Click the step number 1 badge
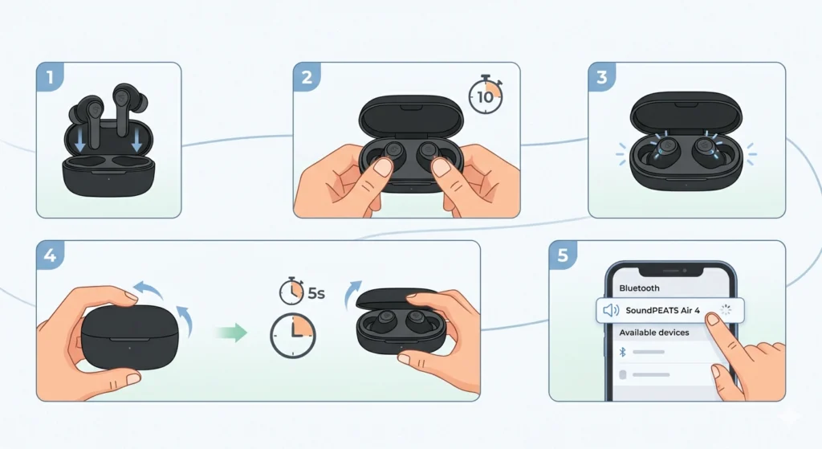click(50, 76)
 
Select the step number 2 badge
click(307, 76)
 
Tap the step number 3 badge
click(602, 76)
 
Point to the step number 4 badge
click(50, 255)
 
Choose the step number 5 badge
click(563, 255)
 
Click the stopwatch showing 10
click(486, 95)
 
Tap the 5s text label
click(316, 292)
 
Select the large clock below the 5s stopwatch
click(292, 336)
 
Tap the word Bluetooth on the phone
click(639, 288)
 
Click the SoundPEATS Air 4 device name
click(662, 310)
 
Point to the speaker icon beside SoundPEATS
click(611, 310)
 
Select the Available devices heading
click(654, 333)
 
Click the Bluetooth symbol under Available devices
click(623, 352)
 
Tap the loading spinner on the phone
click(726, 309)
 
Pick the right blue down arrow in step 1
click(136, 141)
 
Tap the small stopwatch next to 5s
click(291, 291)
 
